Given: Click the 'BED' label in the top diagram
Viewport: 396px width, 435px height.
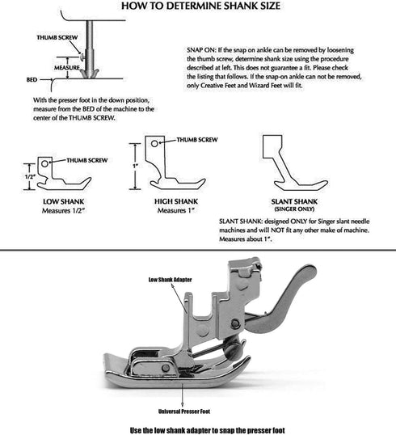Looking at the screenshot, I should (32, 81).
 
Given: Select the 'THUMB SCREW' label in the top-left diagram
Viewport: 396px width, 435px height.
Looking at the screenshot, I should (56, 37).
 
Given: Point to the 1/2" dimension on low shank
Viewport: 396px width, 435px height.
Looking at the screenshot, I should (30, 176).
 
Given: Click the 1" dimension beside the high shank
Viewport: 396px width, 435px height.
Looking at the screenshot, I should (137, 166).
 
